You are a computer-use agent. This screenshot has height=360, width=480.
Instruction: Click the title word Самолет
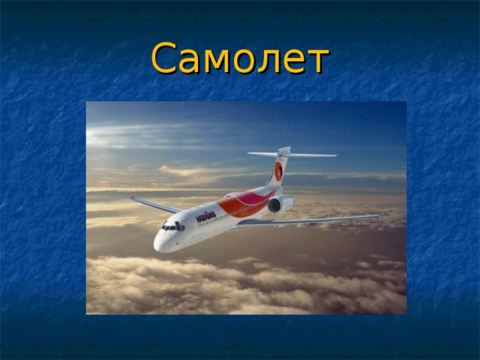(x=240, y=58)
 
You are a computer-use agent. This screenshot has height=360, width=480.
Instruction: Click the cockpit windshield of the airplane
(x=172, y=226)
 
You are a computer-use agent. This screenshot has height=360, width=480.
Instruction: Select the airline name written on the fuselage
(x=206, y=216)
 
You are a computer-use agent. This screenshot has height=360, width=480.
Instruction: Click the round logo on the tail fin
(x=278, y=172)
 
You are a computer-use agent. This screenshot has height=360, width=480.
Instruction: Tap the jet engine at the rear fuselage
(x=280, y=203)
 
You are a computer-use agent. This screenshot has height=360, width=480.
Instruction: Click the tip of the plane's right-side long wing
(x=376, y=217)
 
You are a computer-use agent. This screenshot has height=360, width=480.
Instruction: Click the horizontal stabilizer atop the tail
(x=292, y=154)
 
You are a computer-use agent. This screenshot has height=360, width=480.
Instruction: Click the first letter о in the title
(x=245, y=61)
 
